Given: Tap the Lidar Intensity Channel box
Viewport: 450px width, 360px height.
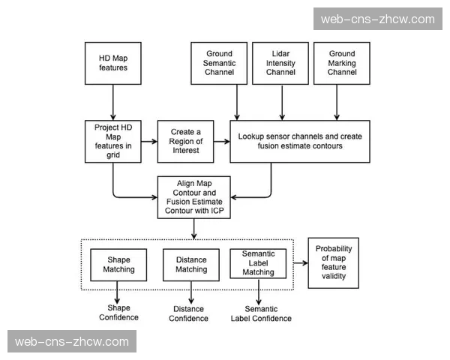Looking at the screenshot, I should [280, 63].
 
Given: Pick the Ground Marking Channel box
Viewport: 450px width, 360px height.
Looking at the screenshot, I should [342, 63].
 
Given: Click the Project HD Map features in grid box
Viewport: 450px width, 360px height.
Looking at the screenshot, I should [113, 141].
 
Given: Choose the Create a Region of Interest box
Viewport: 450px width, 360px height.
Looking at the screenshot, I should [185, 141].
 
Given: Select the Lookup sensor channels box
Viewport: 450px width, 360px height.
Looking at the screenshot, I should [300, 141].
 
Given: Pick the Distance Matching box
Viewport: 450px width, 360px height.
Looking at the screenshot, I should [191, 264].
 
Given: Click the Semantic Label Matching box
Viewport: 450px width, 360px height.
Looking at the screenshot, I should [258, 263].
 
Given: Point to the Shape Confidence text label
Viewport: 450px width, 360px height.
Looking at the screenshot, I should [118, 313].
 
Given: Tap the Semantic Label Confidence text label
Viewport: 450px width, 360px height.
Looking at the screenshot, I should [260, 313].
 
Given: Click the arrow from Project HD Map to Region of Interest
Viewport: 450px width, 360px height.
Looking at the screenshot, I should [148, 141].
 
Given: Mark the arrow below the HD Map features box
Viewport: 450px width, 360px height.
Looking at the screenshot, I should [113, 100].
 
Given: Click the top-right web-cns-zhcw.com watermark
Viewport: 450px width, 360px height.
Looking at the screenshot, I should [377, 19].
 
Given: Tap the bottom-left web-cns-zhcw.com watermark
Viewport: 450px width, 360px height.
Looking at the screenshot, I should [72, 341].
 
